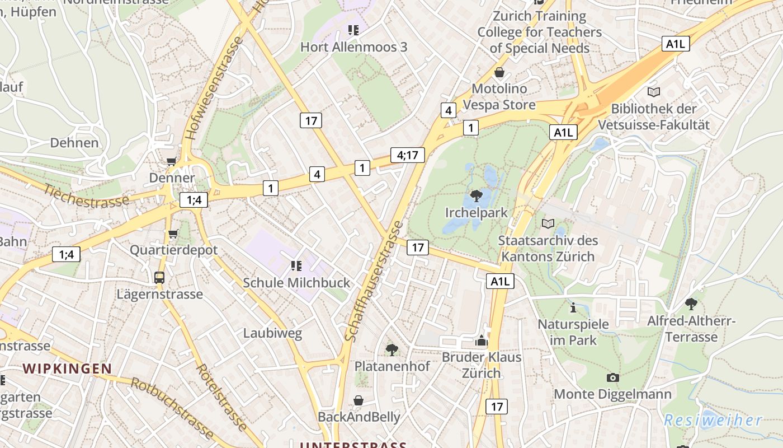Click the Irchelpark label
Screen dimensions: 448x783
(x=477, y=213)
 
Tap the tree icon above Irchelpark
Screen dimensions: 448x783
(x=477, y=195)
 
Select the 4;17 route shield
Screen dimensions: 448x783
(x=407, y=155)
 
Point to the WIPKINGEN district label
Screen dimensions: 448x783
(x=67, y=368)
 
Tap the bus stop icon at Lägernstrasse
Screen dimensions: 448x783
(x=159, y=277)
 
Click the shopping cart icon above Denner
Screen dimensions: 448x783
(x=172, y=162)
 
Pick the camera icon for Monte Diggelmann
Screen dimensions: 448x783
(x=613, y=377)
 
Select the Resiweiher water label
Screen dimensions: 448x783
(x=713, y=420)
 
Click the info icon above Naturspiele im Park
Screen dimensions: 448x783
(x=573, y=307)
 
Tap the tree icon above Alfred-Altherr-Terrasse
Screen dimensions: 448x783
(x=691, y=304)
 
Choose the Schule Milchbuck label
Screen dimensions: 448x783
(x=296, y=283)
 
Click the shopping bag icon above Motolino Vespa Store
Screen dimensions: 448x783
(x=499, y=72)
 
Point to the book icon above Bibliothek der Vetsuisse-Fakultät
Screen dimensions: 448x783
(x=653, y=92)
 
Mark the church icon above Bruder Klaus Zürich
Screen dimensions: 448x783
(x=482, y=340)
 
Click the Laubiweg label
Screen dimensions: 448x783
(x=272, y=334)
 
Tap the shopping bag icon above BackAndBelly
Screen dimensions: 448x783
(x=359, y=400)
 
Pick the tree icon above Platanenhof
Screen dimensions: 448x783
(x=392, y=350)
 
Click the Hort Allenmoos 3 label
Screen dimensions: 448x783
(x=353, y=47)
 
